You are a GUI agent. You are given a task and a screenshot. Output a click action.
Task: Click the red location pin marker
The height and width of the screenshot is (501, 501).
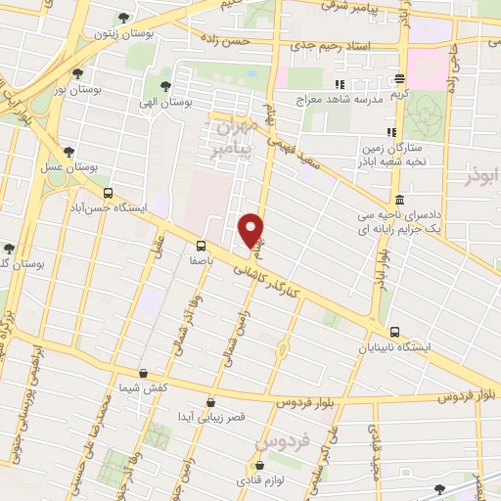252,230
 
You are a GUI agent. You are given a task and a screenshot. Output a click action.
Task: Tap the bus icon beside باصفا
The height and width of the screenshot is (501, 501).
201,246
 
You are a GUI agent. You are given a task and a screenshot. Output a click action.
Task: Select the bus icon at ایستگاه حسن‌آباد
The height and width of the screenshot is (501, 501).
108,193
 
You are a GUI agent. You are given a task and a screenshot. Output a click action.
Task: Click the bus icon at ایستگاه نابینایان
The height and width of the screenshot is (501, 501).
395,333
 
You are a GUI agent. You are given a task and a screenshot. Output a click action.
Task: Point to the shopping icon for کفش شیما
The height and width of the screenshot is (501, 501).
144,373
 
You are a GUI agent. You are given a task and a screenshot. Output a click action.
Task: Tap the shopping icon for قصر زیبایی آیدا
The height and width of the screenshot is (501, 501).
211,401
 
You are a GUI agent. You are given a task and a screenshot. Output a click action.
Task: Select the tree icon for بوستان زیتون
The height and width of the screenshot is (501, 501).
121,18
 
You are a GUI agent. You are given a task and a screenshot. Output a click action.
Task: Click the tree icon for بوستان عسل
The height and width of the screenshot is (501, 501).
68,152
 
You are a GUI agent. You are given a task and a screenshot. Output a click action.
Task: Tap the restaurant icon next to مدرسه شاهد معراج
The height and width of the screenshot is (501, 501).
341,84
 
